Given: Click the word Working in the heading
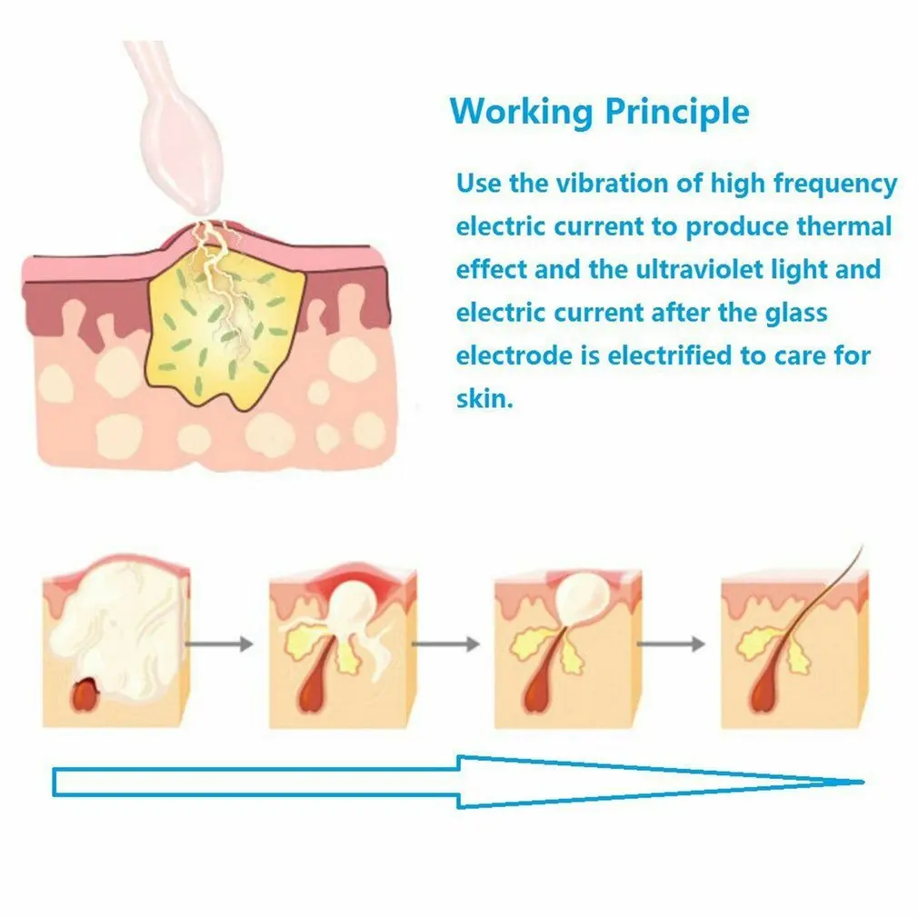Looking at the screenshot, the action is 522,112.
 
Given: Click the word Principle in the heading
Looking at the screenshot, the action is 677,112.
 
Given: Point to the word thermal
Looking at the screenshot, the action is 844,226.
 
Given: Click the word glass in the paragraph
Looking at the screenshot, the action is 796,314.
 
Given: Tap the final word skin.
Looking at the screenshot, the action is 484,399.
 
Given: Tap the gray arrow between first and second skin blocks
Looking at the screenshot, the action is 220,644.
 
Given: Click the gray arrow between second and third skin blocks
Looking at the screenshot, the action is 446,644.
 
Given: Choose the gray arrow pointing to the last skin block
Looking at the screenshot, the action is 671,644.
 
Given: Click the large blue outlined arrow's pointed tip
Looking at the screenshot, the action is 863,782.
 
